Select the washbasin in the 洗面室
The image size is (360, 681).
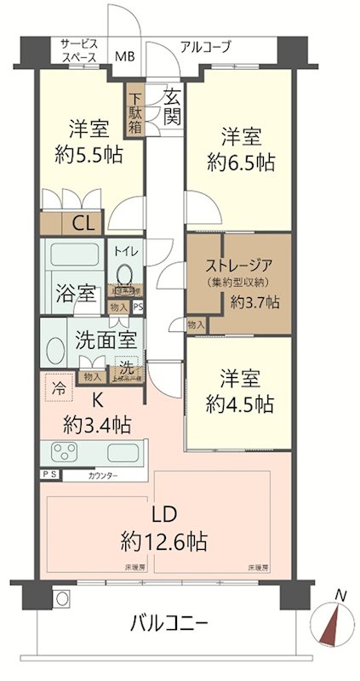coord(57,350)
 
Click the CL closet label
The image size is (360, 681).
coord(83,225)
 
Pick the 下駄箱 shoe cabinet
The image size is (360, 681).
coord(135,107)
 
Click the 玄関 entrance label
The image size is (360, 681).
coord(171,107)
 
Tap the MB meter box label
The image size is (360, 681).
coord(124,57)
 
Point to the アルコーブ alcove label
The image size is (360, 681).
coord(205,47)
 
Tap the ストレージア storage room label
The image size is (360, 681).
coord(238,264)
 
